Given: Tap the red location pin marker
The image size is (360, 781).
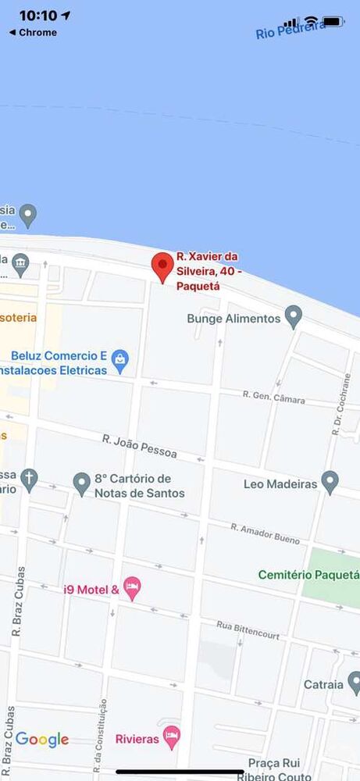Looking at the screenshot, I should [x=162, y=267].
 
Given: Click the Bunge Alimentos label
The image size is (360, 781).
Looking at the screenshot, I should [x=233, y=319].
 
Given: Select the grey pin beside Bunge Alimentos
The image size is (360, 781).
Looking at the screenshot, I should [x=293, y=316].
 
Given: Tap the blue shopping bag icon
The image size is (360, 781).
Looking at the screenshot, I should [x=120, y=360].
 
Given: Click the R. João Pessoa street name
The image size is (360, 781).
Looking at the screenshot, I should [x=140, y=446].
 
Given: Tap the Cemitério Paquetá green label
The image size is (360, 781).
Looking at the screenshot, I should [x=308, y=575].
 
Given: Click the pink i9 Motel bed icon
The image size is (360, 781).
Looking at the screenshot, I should [x=132, y=588].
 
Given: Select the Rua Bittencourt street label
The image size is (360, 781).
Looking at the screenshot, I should [x=248, y=630].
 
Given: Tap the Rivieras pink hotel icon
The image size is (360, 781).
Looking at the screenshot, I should [x=172, y=736].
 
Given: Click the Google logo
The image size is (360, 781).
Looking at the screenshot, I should [x=42, y=739].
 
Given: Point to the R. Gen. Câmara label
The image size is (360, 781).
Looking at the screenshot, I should [x=273, y=398].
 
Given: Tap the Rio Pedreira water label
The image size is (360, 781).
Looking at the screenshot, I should [x=290, y=30].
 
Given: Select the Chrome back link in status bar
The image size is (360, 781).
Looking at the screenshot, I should [x=33, y=33].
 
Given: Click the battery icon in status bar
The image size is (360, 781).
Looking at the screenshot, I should [x=333, y=21].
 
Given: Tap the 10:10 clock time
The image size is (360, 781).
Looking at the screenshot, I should [x=38, y=16].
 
